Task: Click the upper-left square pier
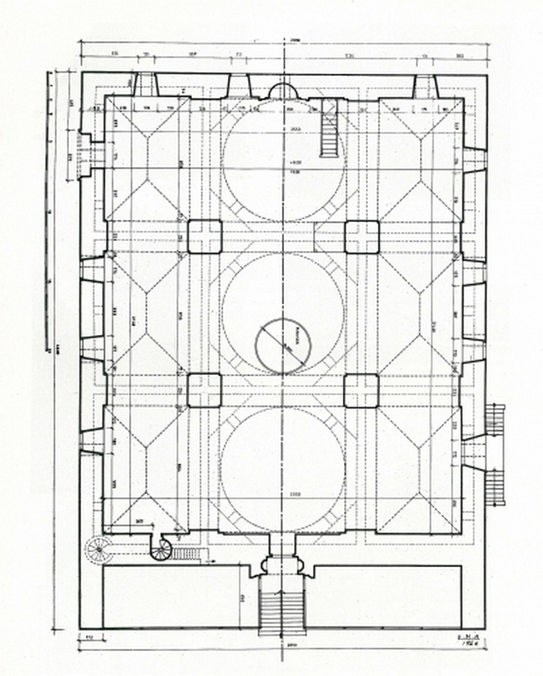205,236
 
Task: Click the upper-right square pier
362,236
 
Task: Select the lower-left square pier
205,390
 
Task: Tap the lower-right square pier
362,390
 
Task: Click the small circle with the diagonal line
282,346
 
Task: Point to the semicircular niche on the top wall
283,91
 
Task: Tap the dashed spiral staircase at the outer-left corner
99,550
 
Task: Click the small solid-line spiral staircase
161,549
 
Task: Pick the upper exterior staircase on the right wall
495,418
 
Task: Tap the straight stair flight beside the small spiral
186,553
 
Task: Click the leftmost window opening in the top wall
144,84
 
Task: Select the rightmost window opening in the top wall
425,86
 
